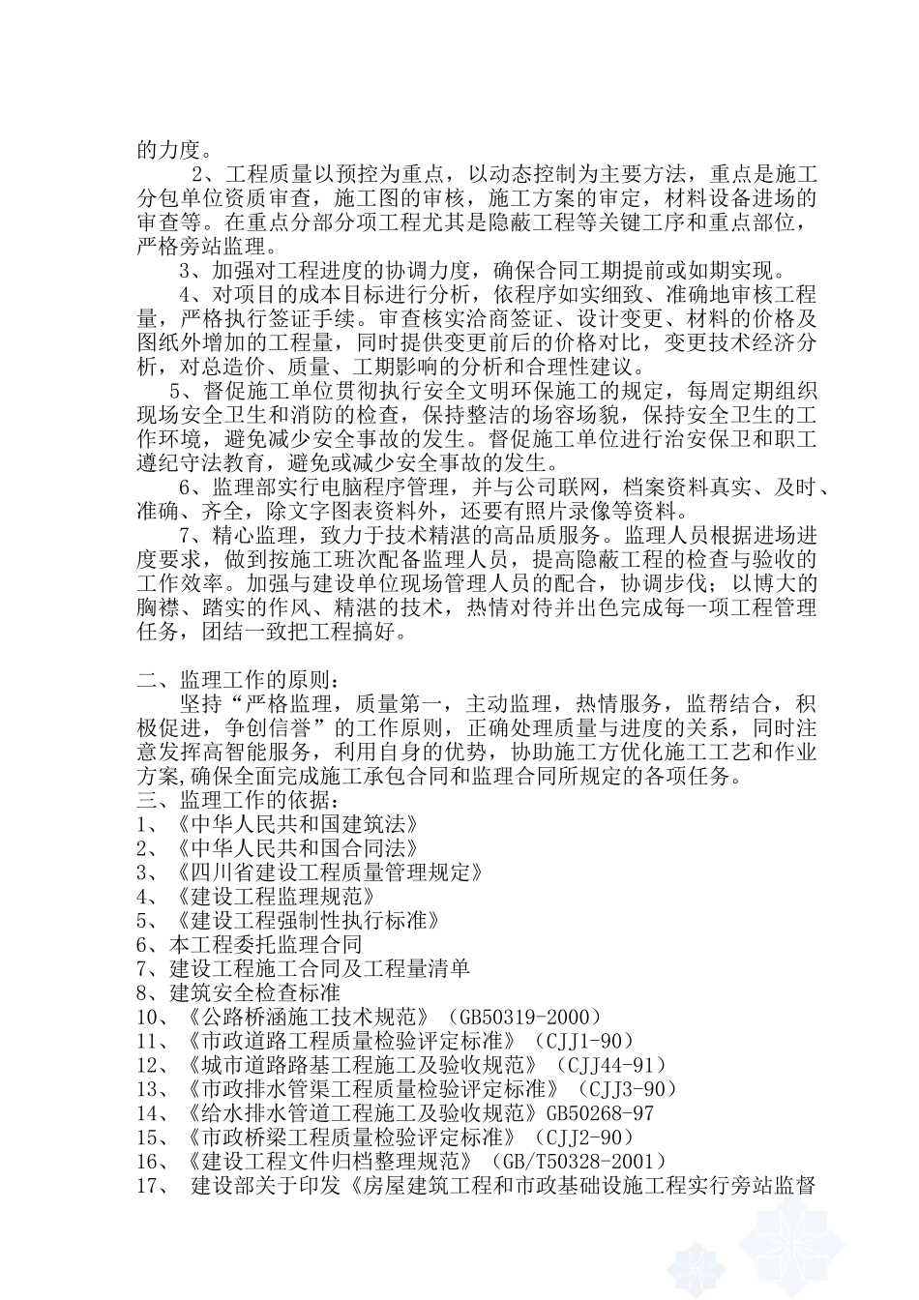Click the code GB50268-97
click(600, 1113)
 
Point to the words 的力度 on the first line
click(168, 150)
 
